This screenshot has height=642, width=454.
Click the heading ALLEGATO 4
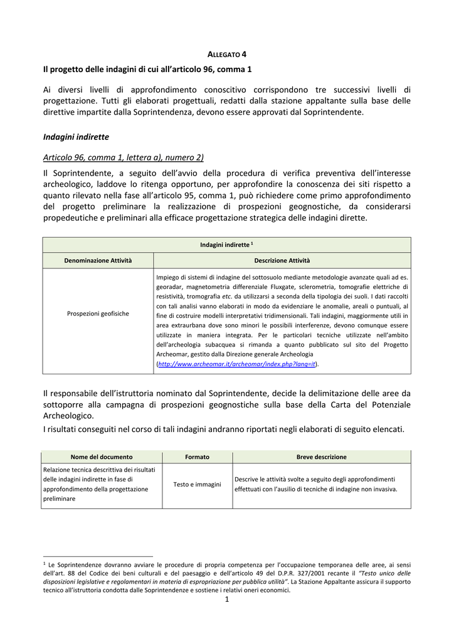point(227,55)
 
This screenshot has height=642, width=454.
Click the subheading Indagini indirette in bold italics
point(76,136)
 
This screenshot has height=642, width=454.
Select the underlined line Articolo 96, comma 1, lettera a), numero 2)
point(124,157)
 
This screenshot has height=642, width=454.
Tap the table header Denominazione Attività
point(98,260)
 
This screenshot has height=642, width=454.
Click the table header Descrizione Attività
point(282,260)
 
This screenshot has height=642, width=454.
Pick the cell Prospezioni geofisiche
point(98,313)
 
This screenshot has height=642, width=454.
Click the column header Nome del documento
point(102,457)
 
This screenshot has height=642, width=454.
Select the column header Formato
point(197,457)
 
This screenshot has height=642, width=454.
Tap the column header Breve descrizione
point(321,457)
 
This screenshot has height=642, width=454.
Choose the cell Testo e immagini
point(197,484)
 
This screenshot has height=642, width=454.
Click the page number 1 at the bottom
point(227,600)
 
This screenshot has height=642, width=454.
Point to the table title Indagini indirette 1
point(226,245)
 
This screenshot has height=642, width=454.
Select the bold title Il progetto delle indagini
point(147,68)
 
